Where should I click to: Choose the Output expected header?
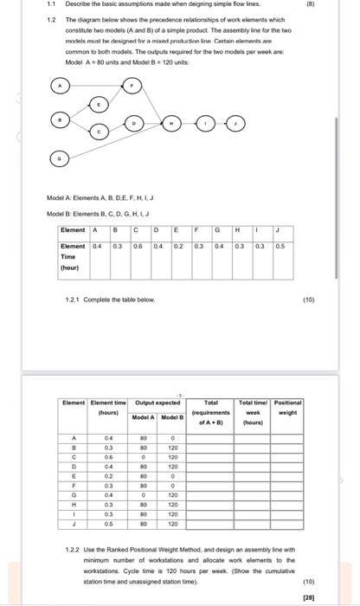[x=157, y=403]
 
